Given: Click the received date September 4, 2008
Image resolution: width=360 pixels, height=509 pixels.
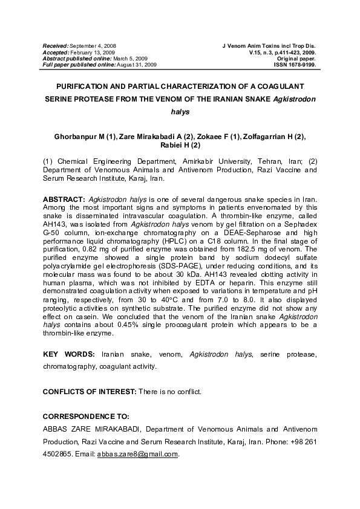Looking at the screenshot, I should tap(93, 46).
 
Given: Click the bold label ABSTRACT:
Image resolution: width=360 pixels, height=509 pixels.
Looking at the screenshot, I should tap(64, 199).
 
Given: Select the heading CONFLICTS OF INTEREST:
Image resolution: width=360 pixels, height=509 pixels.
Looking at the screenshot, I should tap(90, 392).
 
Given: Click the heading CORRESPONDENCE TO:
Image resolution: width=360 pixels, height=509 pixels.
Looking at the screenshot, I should tap(86, 417).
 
